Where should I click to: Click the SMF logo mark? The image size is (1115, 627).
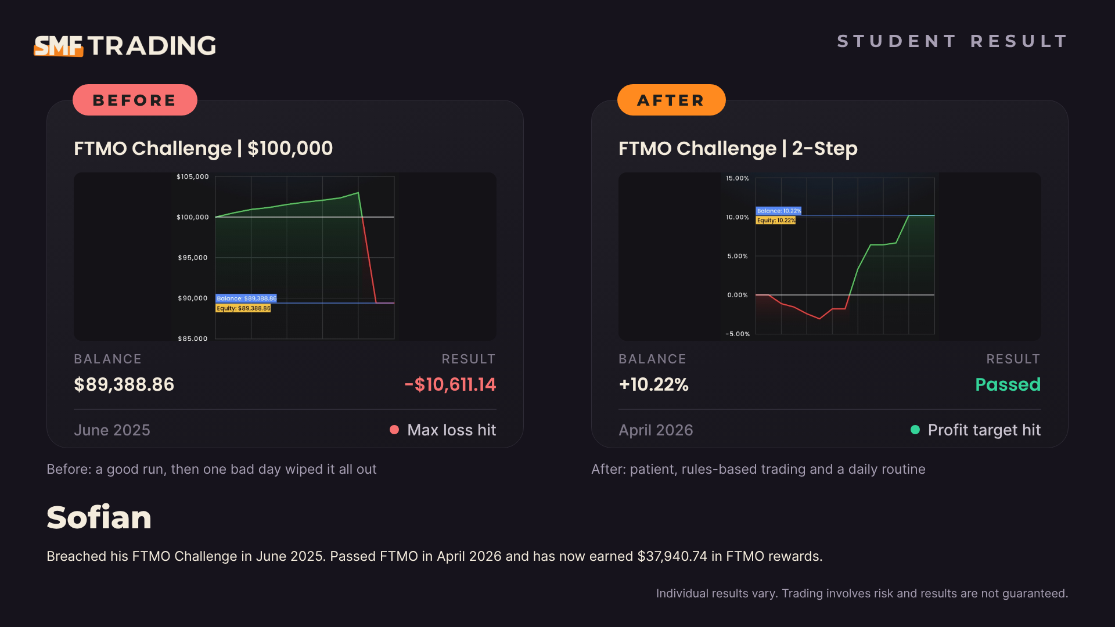pos(59,46)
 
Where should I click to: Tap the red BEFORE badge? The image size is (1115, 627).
pos(135,100)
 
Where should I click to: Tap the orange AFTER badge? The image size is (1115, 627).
pos(671,100)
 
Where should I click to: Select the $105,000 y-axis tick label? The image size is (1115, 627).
pos(193,176)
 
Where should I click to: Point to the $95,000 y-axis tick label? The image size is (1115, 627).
pos(193,258)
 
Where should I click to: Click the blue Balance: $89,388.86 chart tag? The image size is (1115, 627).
pos(246,298)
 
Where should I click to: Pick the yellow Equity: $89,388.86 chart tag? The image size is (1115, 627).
pos(243,308)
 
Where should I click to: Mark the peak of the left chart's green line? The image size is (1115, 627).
pos(358,193)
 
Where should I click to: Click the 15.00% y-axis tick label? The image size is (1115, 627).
pos(738,178)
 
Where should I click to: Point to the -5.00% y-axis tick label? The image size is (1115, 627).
pos(738,334)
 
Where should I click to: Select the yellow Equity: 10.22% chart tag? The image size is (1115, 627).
pos(776,221)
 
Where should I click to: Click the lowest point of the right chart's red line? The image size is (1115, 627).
pos(820,319)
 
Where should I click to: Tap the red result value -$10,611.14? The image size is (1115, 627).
pos(450,384)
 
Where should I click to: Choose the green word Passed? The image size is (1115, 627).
pos(1008,384)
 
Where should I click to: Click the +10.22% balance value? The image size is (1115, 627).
pos(654,384)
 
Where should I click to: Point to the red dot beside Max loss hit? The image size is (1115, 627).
pos(394,430)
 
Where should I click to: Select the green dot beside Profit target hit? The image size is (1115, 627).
pos(915,430)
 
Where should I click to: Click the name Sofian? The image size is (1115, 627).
pos(99,517)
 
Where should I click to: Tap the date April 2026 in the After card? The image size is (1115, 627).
pos(656,430)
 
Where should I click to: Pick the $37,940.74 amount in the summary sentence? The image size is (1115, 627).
pos(672,556)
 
